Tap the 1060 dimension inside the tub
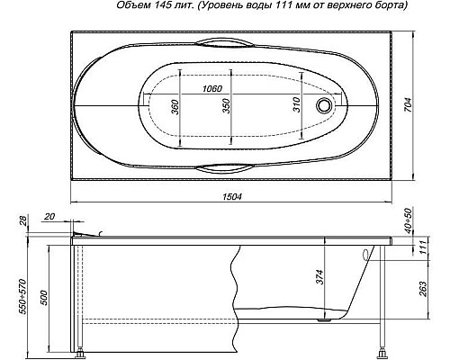pyautogui.click(x=213, y=87)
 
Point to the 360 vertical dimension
pyautogui.click(x=175, y=106)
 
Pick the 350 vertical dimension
pyautogui.click(x=227, y=106)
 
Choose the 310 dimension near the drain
pyautogui.click(x=292, y=106)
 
